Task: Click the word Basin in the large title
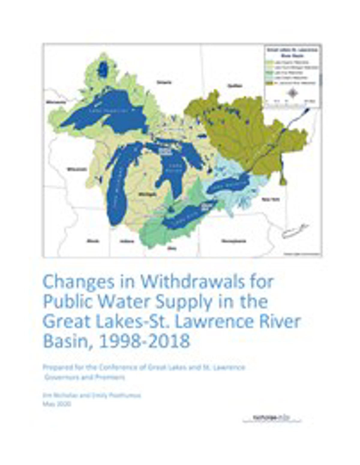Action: point(67,341)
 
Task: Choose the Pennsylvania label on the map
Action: point(234,241)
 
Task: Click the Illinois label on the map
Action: point(93,241)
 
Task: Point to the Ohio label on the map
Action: point(172,248)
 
